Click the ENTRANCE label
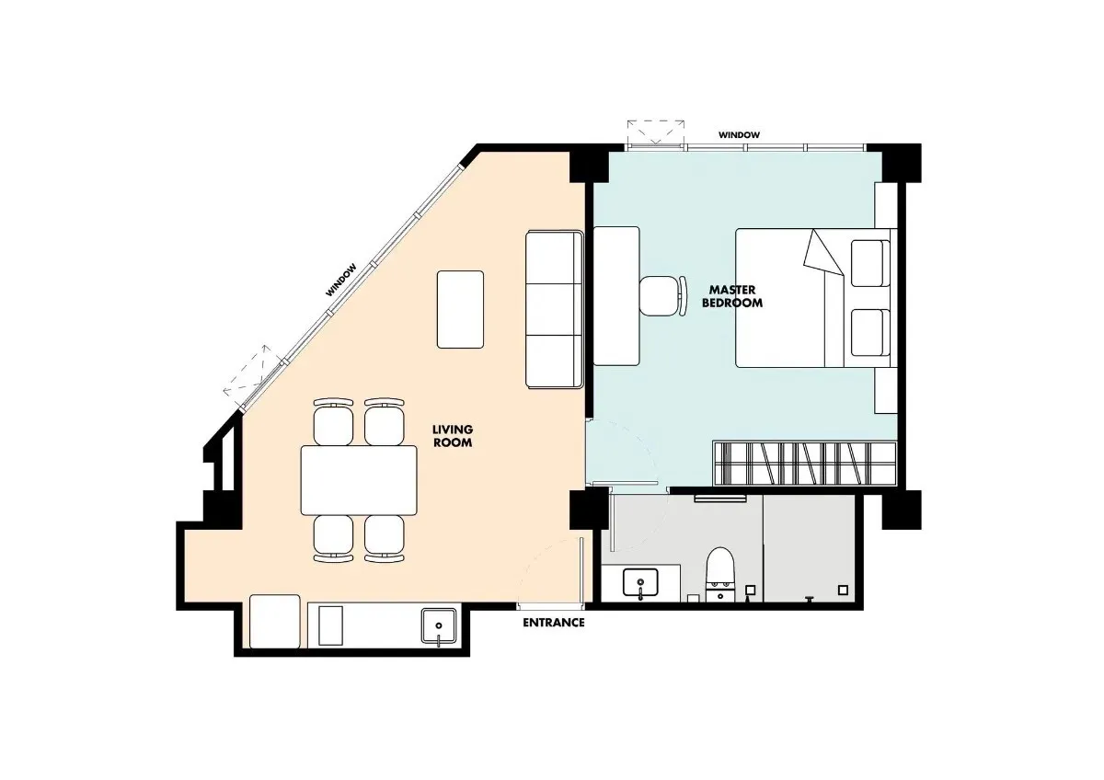(554, 623)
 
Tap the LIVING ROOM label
(453, 436)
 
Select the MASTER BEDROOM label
(732, 296)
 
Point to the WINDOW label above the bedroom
(739, 134)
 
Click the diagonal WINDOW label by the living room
(340, 280)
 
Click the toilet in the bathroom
(720, 575)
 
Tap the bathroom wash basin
(640, 583)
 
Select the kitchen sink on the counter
(439, 626)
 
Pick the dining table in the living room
(359, 480)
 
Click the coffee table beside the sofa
(460, 309)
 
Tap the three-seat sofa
(555, 309)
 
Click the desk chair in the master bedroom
(662, 295)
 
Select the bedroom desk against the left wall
(616, 295)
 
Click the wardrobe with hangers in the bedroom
(804, 464)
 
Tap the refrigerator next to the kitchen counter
(275, 622)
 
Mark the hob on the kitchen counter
(330, 625)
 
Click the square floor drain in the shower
(844, 590)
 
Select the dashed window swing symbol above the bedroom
(655, 132)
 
